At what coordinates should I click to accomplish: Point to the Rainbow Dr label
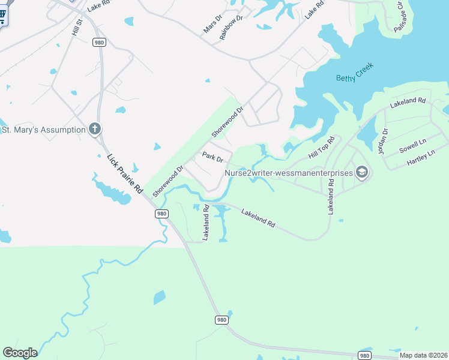(x=231, y=28)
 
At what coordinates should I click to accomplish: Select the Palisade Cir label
(x=400, y=17)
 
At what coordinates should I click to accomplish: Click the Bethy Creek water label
(x=354, y=71)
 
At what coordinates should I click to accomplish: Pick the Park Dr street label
(x=212, y=158)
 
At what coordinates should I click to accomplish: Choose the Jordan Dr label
(x=384, y=141)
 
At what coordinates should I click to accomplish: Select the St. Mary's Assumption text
(x=43, y=130)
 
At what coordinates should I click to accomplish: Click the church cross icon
(x=94, y=129)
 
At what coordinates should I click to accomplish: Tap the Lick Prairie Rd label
(x=125, y=174)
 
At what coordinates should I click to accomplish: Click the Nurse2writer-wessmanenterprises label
(x=289, y=173)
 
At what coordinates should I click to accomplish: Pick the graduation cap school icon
(x=362, y=173)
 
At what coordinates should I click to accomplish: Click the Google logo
(x=20, y=353)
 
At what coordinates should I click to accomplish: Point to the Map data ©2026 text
(x=423, y=355)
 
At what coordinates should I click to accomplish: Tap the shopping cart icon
(x=3, y=15)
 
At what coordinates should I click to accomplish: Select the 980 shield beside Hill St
(x=99, y=41)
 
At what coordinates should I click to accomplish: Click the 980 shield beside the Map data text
(x=364, y=355)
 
